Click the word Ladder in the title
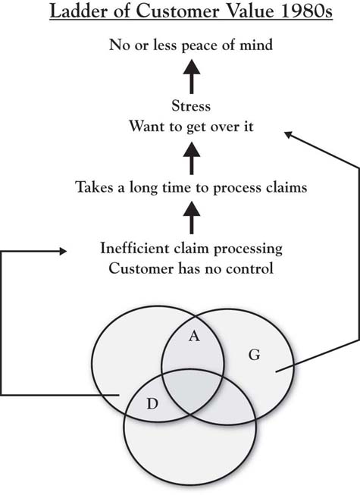[x=89, y=11]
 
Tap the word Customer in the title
[x=177, y=11]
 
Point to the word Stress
[x=191, y=106]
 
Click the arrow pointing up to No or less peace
[x=192, y=77]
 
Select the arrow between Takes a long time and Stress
[x=192, y=158]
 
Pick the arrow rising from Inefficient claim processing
[x=192, y=218]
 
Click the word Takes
[x=94, y=187]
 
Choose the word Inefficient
[x=135, y=248]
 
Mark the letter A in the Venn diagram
[x=194, y=337]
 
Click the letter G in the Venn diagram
[x=255, y=355]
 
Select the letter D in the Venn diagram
[x=152, y=404]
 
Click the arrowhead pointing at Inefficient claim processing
[x=63, y=251]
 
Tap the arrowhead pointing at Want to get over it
[x=288, y=134]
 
